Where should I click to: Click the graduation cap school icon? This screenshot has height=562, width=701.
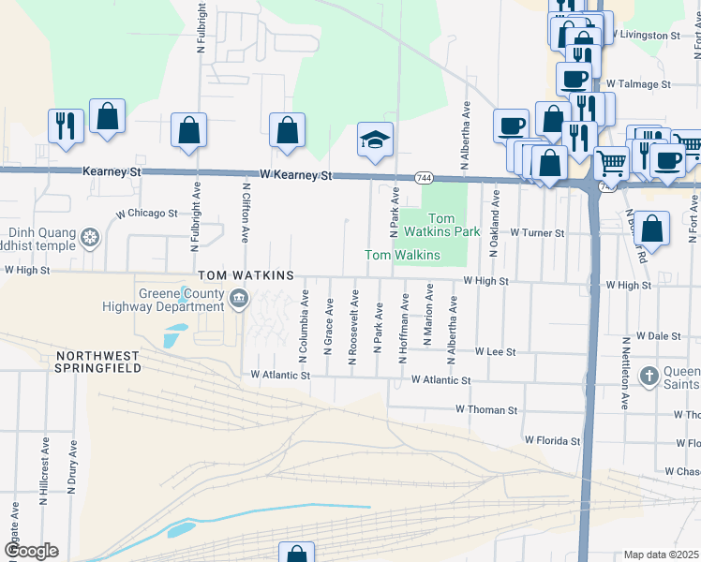tap(375, 140)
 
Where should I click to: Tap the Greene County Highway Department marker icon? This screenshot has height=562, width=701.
tap(239, 299)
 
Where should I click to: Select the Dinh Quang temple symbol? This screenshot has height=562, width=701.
tap(89, 238)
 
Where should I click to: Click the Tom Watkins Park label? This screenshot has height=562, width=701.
tap(455, 225)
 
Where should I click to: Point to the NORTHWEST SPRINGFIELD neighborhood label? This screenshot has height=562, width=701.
tap(98, 362)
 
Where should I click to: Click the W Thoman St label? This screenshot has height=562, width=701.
tap(486, 410)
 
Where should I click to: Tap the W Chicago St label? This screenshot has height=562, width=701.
tap(147, 214)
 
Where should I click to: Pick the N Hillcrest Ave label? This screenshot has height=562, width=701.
tap(44, 470)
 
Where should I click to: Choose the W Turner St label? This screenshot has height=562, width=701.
tap(537, 232)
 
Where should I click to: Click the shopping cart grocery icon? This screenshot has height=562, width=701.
tap(611, 162)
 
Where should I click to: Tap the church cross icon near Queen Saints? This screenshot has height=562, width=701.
tap(647, 377)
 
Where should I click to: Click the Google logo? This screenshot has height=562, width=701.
tap(31, 551)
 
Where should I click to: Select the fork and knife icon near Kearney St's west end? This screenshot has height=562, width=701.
tap(66, 125)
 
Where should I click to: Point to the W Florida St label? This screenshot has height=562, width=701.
tap(552, 439)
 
